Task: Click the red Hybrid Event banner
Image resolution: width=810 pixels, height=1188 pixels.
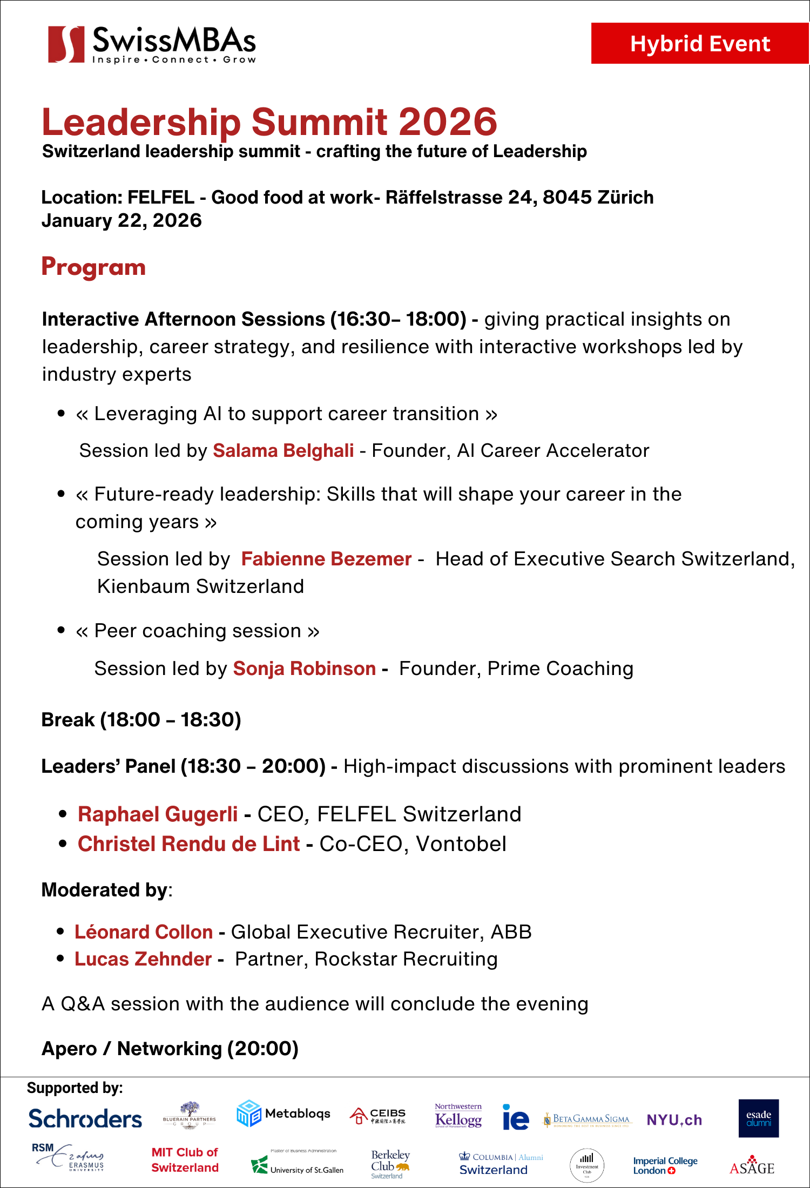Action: click(700, 43)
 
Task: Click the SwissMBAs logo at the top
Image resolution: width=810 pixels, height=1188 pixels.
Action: click(152, 44)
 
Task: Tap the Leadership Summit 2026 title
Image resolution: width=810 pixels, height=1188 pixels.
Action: click(269, 122)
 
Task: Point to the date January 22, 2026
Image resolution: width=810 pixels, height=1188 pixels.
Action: click(122, 220)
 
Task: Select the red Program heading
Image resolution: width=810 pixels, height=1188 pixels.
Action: click(93, 267)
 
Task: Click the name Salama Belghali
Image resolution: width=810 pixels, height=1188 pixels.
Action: click(283, 450)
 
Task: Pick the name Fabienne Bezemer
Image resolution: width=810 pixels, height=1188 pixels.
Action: click(326, 559)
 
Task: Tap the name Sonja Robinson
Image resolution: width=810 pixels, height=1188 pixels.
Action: click(304, 669)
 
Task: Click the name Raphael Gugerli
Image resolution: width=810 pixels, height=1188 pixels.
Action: click(158, 814)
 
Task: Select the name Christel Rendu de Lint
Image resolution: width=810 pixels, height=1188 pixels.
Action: click(188, 844)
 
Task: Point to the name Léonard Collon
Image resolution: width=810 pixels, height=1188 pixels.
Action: click(144, 932)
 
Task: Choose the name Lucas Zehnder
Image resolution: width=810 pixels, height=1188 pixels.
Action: click(143, 959)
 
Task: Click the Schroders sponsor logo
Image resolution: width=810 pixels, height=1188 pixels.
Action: click(85, 1119)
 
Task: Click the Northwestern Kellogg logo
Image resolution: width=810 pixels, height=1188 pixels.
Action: click(458, 1116)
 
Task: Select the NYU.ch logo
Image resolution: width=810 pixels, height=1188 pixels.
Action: click(674, 1120)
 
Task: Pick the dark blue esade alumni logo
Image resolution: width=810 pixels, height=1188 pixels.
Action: click(759, 1118)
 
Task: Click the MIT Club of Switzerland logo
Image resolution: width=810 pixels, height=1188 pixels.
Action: click(185, 1160)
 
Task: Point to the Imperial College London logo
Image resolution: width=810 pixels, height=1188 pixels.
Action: click(665, 1165)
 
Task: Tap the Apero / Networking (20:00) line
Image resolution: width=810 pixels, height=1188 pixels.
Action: click(170, 1049)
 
